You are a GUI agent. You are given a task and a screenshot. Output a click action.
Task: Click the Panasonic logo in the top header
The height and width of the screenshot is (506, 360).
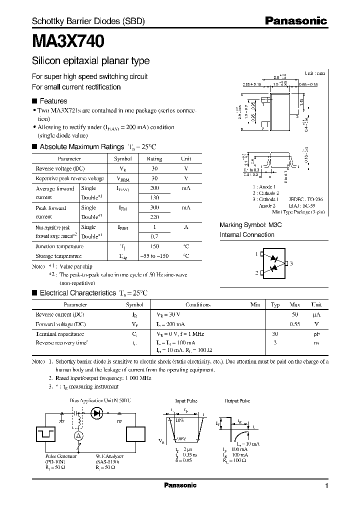[295, 21]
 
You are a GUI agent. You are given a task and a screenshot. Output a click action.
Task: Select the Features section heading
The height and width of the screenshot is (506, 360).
[53, 101]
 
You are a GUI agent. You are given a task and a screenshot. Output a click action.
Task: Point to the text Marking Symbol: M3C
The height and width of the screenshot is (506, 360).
[250, 225]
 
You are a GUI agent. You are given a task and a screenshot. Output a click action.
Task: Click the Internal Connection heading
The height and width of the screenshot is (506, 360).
[247, 234]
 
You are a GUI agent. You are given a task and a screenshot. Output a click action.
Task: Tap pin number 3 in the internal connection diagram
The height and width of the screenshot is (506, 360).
[291, 263]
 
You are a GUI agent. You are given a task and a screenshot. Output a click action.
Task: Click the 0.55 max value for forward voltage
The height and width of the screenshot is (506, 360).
[295, 324]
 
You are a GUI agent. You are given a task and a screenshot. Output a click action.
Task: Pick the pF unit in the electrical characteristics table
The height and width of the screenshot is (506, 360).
[317, 333]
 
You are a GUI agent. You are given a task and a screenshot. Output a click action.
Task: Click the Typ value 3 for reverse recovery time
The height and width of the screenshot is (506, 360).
[275, 342]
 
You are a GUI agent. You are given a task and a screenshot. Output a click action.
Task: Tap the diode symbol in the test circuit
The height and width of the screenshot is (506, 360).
[96, 413]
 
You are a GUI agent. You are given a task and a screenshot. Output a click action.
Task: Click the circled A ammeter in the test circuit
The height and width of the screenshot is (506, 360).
[77, 436]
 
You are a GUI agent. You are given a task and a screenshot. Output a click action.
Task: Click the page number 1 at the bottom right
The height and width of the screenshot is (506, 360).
[326, 486]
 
